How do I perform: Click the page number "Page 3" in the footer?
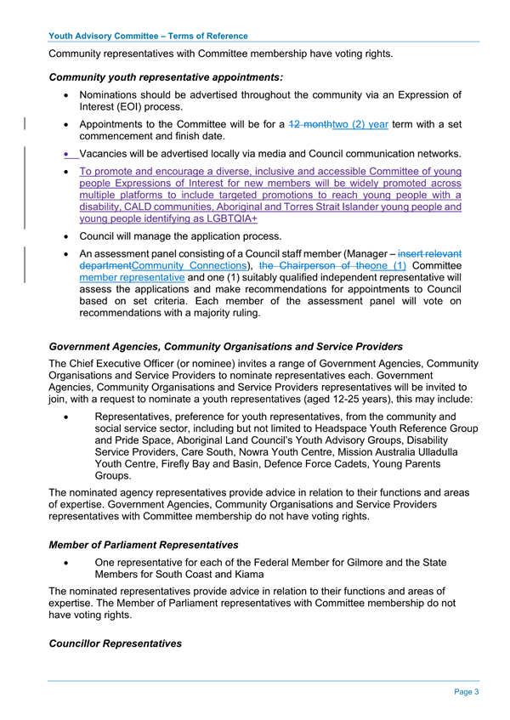pos(466,692)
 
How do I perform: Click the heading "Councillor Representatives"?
pos(116,643)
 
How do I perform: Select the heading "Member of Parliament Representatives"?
pos(144,545)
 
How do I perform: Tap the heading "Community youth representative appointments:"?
pos(166,78)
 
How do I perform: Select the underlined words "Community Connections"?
pos(194,265)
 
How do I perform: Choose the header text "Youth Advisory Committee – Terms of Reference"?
pos(149,36)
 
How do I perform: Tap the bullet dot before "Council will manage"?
pos(66,235)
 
